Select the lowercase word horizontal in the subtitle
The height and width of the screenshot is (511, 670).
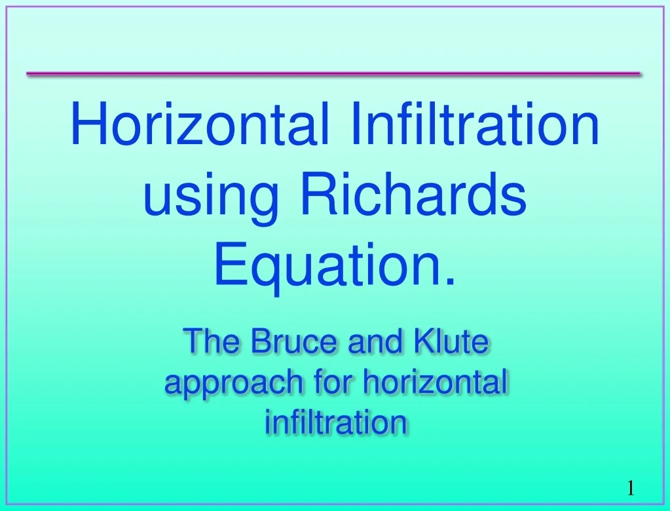(436, 382)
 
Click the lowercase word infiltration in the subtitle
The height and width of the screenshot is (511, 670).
(336, 421)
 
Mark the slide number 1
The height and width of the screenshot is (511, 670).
(630, 487)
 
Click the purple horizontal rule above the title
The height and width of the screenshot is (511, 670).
(333, 74)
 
